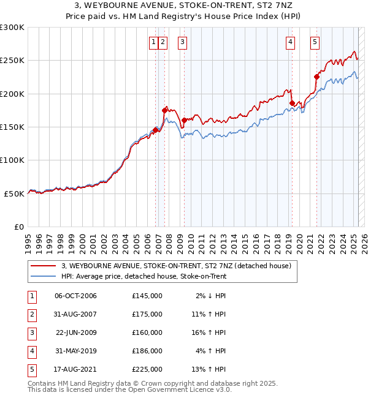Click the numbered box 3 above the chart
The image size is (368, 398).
[x=183, y=42]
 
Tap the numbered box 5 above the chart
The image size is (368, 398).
[x=315, y=42]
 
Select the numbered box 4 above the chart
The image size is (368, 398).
[x=289, y=42]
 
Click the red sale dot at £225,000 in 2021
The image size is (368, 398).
[x=317, y=77]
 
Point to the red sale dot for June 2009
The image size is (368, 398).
[x=184, y=120]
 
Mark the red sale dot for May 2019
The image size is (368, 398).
[x=292, y=103]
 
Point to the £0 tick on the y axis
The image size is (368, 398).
[x=18, y=227]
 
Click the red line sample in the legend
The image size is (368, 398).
[x=43, y=266]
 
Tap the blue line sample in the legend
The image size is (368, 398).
[x=43, y=276]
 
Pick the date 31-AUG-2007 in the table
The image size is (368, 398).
[x=75, y=314]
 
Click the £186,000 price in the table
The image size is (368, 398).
[x=147, y=351]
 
